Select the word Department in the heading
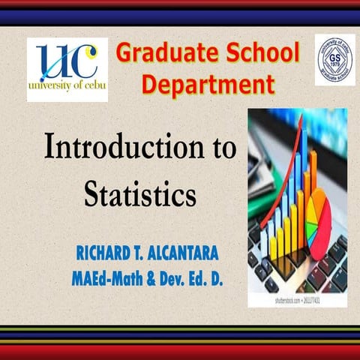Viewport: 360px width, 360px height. coord(208,84)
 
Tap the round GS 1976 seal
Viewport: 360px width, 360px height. coord(334,58)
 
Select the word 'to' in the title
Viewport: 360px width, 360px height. coord(221,147)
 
